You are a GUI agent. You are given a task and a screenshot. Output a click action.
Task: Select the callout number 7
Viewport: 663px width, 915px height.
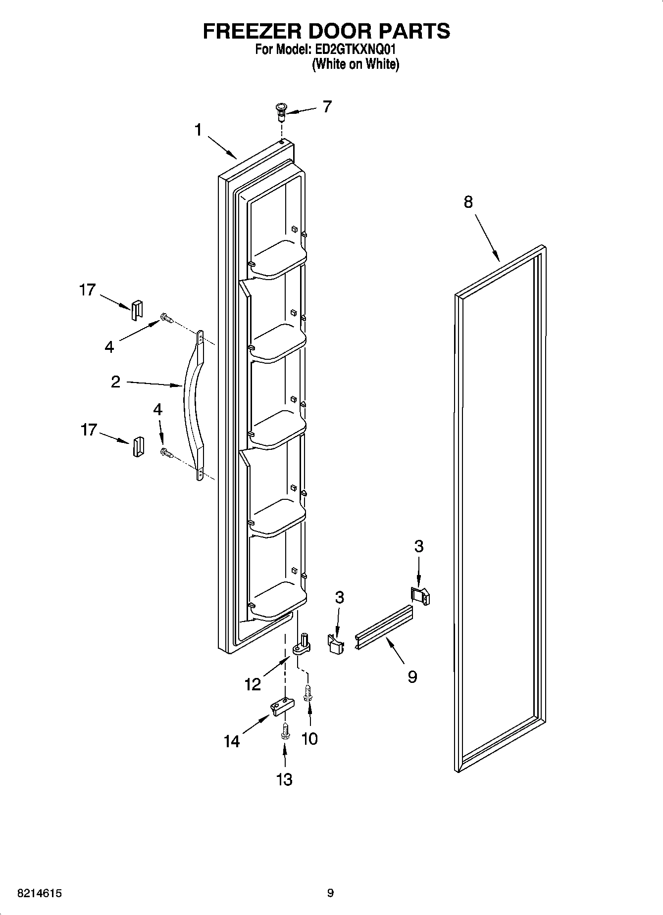pyautogui.click(x=327, y=106)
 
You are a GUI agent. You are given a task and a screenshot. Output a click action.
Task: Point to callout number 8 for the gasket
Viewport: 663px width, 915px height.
pyautogui.click(x=468, y=202)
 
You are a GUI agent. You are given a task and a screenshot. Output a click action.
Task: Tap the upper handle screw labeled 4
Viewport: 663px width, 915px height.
pyautogui.click(x=165, y=318)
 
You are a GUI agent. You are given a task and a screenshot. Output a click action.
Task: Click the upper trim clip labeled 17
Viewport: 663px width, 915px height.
pyautogui.click(x=136, y=311)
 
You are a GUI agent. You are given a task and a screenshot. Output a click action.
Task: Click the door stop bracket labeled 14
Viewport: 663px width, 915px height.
pyautogui.click(x=281, y=706)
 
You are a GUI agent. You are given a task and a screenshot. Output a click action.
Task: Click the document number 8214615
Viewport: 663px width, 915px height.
pyautogui.click(x=39, y=893)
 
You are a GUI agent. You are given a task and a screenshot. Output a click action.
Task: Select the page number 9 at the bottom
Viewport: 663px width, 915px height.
pyautogui.click(x=330, y=893)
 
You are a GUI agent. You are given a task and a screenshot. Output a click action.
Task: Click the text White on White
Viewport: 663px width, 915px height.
pyautogui.click(x=355, y=64)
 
